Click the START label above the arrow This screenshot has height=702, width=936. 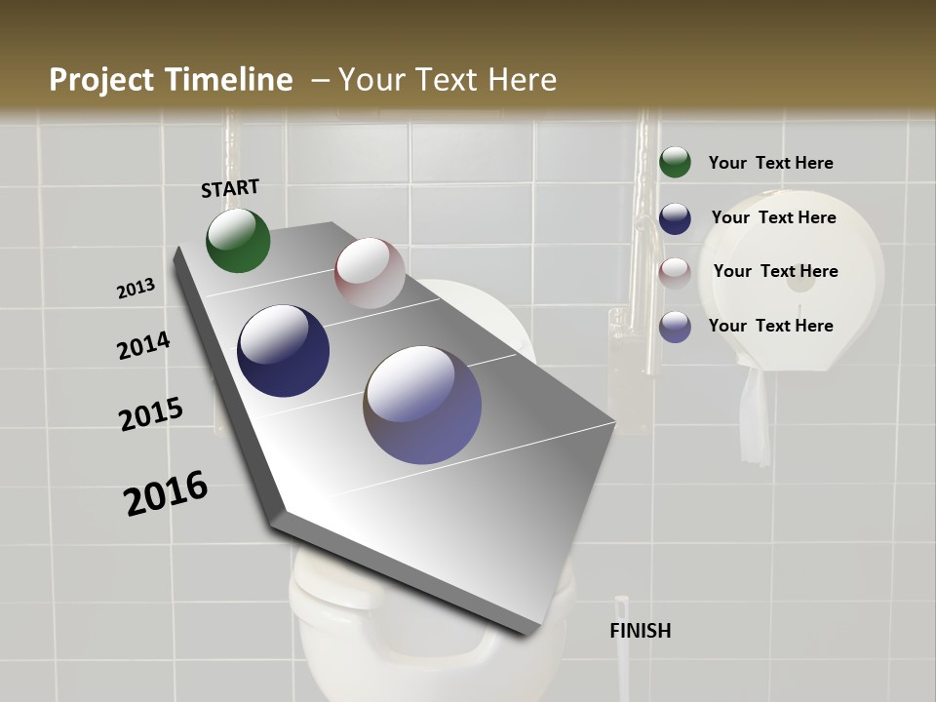tap(230, 188)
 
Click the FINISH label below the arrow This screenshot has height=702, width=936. tap(640, 631)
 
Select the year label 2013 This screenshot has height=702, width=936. tap(136, 289)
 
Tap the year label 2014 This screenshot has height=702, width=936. tap(143, 345)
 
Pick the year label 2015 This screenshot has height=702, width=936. tap(151, 414)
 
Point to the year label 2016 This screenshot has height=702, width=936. tap(166, 493)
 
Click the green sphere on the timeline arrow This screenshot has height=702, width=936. tap(238, 241)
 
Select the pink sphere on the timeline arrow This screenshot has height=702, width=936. tap(370, 273)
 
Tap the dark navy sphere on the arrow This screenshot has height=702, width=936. tap(284, 351)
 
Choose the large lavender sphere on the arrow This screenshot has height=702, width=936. tap(422, 405)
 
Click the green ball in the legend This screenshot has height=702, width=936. tap(675, 162)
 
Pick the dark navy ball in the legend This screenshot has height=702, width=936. tap(675, 217)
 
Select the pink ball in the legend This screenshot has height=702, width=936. tap(675, 272)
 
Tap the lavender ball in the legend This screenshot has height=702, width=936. tap(675, 327)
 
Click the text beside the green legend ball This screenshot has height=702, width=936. tap(770, 163)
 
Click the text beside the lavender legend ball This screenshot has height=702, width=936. tap(770, 326)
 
